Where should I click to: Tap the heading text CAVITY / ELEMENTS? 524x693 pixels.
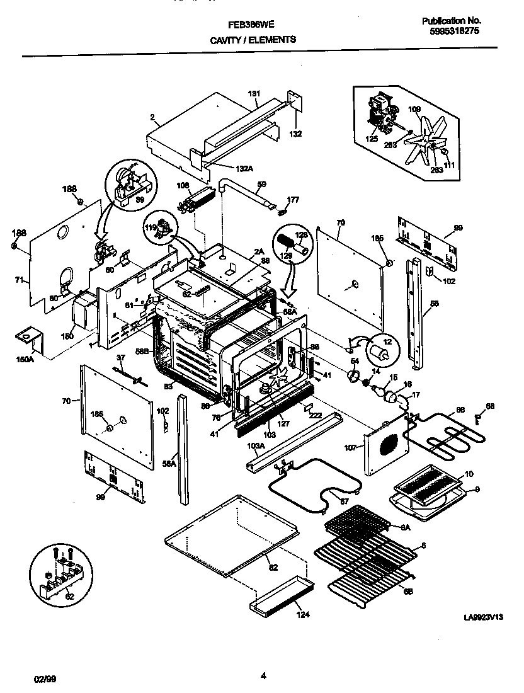[253, 39]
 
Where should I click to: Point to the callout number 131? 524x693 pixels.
[253, 94]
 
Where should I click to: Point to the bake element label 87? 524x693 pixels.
[344, 501]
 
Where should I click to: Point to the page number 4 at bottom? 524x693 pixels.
[263, 677]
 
